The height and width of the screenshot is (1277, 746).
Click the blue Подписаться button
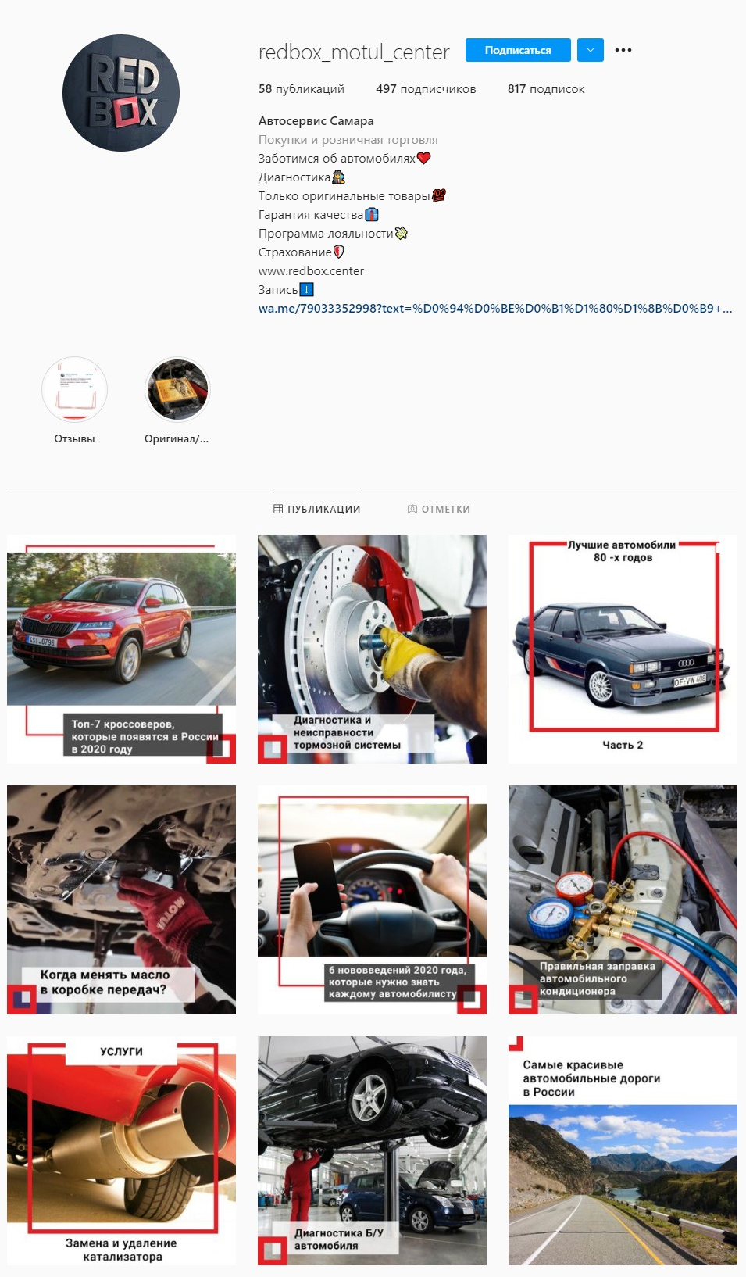pos(518,50)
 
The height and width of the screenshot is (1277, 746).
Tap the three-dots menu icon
pos(623,50)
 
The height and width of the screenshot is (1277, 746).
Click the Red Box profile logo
pos(121,93)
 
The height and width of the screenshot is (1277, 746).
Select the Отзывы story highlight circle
pos(74,389)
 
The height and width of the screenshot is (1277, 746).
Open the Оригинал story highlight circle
pos(177,389)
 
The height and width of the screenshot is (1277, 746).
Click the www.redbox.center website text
pos(311,271)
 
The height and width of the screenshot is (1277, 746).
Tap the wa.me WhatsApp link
pos(494,309)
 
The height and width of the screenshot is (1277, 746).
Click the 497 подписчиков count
pos(426,89)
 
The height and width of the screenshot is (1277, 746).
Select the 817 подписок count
pos(546,89)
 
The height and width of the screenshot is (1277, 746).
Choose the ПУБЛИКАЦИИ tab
pos(317,509)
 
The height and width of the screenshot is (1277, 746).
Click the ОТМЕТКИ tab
pos(439,509)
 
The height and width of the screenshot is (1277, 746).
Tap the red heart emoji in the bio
pos(424,158)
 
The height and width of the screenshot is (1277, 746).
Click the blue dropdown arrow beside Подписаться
pos(591,50)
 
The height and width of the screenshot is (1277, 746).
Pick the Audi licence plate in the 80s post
pos(690,680)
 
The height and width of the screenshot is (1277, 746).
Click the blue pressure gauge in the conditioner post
pos(549,914)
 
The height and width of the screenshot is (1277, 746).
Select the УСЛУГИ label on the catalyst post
pos(122,1051)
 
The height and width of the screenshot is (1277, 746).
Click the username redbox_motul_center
pos(354,52)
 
